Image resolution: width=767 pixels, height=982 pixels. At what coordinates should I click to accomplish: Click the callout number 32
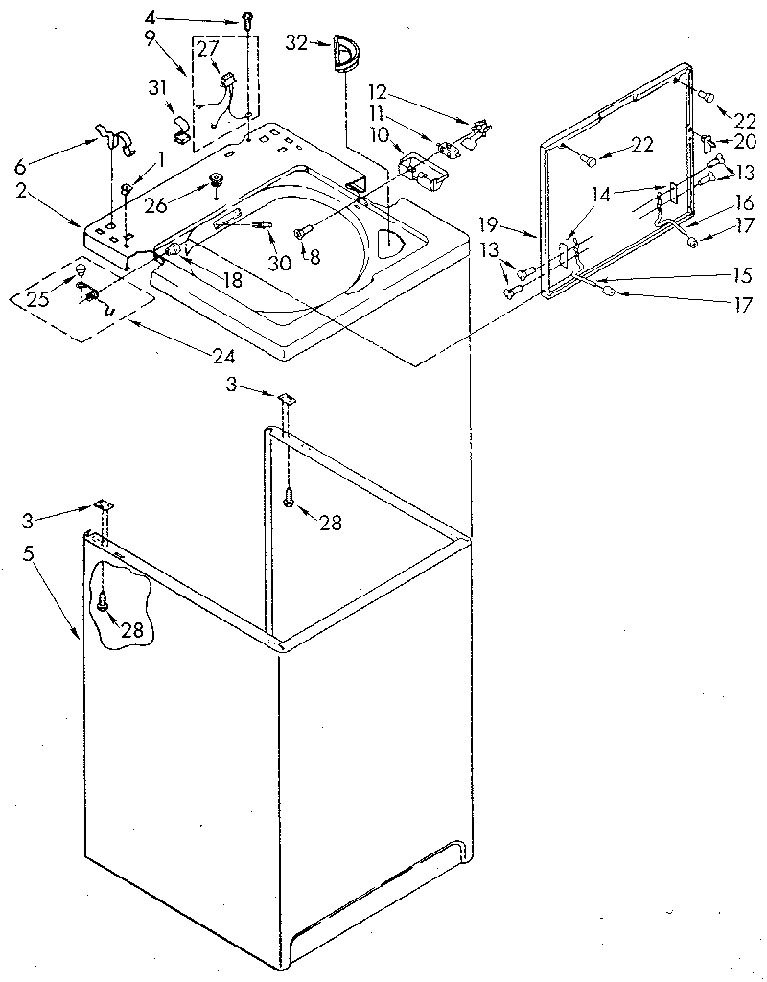point(295,42)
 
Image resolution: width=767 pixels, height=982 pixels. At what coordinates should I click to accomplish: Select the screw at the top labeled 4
point(247,18)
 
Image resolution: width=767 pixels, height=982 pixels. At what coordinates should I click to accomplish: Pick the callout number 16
point(744,203)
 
